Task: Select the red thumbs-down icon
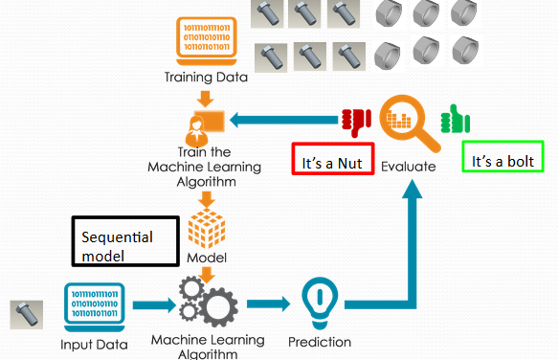[356, 120]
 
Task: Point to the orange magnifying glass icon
[407, 123]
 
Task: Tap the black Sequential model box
[125, 243]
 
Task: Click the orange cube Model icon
[207, 229]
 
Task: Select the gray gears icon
[207, 303]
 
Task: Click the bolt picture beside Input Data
[25, 315]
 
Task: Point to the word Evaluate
[408, 166]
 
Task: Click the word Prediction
[320, 342]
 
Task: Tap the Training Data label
[206, 78]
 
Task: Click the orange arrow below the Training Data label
[205, 97]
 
